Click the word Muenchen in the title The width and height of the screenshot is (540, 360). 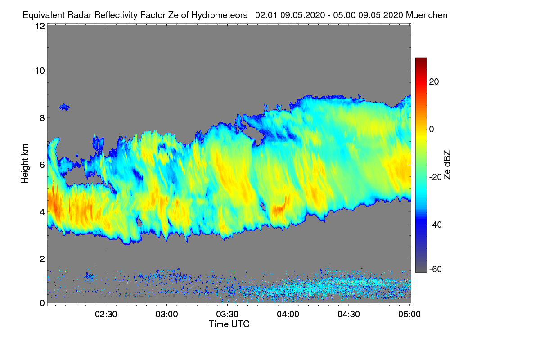point(427,15)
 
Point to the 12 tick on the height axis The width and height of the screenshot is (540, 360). point(40,26)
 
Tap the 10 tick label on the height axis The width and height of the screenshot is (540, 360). point(40,71)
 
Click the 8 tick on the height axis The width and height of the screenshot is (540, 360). point(42,118)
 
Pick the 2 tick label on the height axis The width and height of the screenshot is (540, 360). point(42,259)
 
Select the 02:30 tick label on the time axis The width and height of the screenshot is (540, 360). point(106,315)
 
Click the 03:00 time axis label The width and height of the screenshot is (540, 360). point(167,315)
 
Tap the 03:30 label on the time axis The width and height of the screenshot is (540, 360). point(228,315)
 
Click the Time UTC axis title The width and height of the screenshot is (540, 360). point(229,324)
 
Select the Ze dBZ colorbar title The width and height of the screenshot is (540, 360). point(447,164)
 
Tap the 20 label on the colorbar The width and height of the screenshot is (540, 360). point(434,81)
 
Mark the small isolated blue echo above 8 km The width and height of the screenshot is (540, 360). point(64,107)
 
